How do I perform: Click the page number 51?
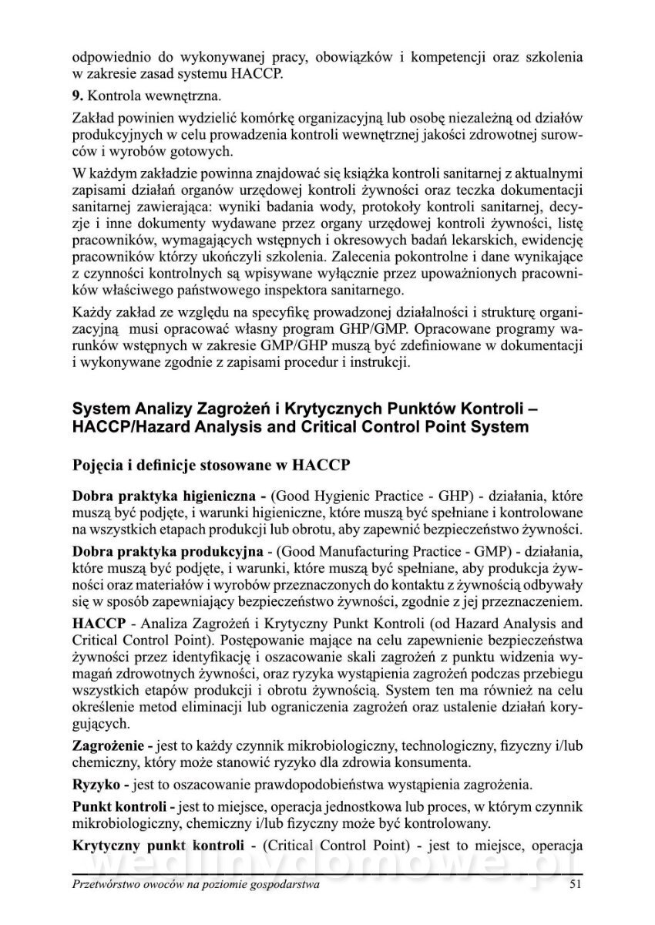(573, 885)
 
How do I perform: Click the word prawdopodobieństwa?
(307, 785)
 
